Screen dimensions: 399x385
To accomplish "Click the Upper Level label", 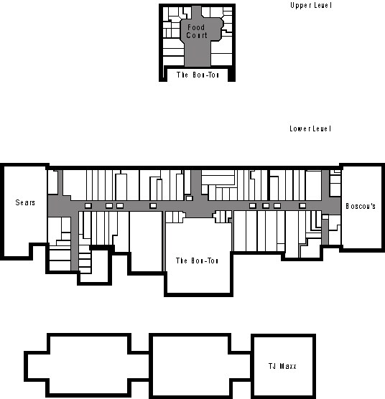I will (310, 6).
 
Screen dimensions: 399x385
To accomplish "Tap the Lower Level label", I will (310, 129).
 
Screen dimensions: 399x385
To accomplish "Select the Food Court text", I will (196, 32).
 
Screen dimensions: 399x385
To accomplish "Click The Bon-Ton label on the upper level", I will (198, 75).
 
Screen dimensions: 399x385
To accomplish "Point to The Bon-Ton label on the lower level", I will (198, 260).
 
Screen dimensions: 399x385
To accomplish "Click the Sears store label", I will (25, 203).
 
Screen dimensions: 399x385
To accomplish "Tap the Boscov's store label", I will (361, 206).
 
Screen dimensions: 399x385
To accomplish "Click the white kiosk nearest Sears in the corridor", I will (88, 206).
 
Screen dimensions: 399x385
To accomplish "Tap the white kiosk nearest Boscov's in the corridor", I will (302, 206).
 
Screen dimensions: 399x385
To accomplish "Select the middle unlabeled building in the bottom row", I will (190, 365).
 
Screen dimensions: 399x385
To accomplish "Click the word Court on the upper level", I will (196, 35).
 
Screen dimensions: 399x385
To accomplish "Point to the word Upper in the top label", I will (300, 6).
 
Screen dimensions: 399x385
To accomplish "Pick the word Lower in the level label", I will (300, 129).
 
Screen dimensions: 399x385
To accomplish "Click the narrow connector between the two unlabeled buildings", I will (141, 365).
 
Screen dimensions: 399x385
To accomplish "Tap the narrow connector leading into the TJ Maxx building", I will (241, 365).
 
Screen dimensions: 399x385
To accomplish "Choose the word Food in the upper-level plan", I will (196, 28).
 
